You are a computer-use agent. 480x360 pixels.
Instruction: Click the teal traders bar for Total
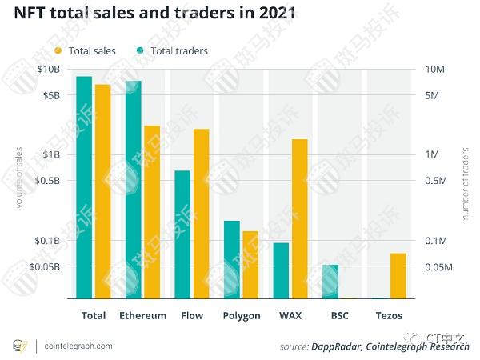point(84,187)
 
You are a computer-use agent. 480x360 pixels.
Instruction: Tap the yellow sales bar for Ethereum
point(152,212)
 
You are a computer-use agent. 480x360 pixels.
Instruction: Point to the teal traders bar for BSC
point(330,281)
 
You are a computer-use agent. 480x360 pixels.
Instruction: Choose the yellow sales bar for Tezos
point(398,275)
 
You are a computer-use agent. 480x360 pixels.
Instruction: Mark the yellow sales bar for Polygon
point(250,264)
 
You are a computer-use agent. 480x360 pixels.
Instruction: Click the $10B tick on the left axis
point(49,70)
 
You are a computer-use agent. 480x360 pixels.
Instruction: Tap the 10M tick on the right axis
point(434,70)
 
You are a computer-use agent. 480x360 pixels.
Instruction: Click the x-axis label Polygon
point(242,316)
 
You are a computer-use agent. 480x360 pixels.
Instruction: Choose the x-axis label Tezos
point(389,316)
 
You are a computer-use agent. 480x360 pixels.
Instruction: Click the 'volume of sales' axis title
point(18,178)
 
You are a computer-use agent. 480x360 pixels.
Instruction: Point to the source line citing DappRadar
point(374,346)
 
